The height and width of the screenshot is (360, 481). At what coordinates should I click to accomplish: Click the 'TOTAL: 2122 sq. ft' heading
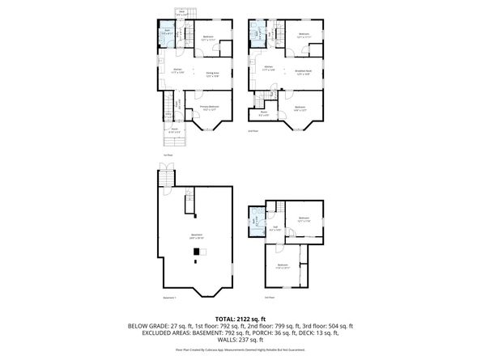240,318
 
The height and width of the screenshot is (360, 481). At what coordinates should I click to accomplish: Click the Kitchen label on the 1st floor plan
177,70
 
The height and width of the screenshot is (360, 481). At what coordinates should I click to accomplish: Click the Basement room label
197,236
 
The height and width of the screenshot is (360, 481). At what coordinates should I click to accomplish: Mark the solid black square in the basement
194,260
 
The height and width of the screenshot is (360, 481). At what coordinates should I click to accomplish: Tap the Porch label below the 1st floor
174,130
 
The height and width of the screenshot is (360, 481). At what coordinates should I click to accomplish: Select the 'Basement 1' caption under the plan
168,299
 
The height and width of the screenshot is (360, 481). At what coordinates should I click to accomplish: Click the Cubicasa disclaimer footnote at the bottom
240,350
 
